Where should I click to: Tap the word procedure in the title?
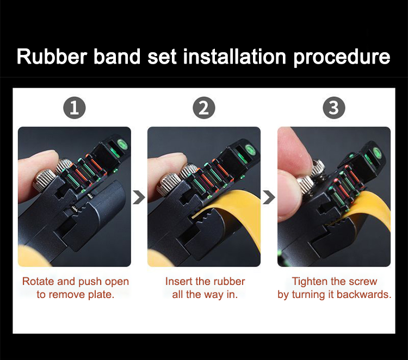coord(342,58)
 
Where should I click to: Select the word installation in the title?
coord(234,57)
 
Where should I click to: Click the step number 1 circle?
coord(75,108)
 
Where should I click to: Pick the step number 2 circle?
coord(204,108)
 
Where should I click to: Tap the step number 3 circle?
coord(334,108)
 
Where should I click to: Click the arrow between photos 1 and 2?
coord(139,197)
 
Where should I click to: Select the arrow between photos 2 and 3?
coord(269,197)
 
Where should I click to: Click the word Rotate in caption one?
coord(38,282)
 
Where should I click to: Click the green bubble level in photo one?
coord(122,145)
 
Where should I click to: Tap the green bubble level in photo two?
coord(252,149)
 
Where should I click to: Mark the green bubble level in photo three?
coord(378,152)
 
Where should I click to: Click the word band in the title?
coord(117,57)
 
